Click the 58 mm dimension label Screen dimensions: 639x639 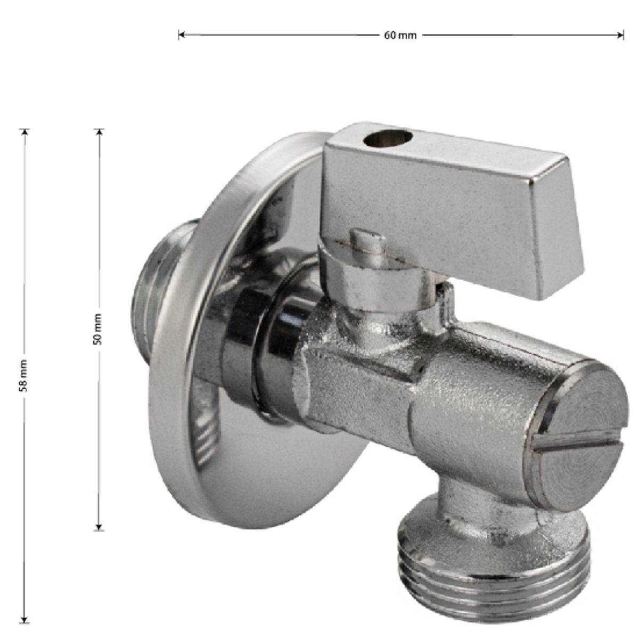pyautogui.click(x=23, y=376)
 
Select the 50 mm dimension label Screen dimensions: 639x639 pyautogui.click(x=97, y=329)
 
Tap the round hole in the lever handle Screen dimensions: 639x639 pyautogui.click(x=388, y=138)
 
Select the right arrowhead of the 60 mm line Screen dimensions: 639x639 pyautogui.click(x=620, y=35)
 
